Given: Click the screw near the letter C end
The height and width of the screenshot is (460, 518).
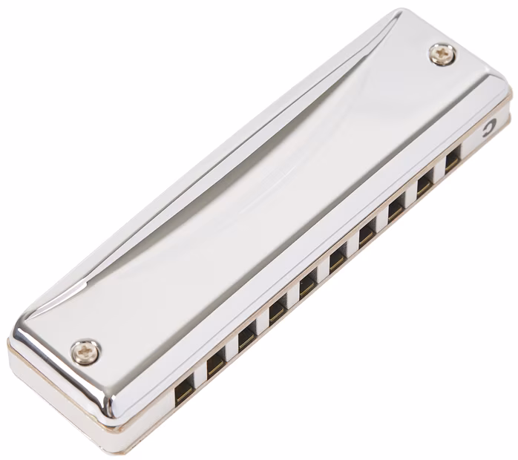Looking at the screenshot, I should click(x=443, y=53).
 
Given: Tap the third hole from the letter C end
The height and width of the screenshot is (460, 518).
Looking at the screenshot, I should click(x=396, y=208).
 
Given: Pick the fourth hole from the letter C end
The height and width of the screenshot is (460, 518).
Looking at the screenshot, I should click(x=367, y=234).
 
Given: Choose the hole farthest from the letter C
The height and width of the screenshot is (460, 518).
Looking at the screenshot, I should click(x=183, y=388).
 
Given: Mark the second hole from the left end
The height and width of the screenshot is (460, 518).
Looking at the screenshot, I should click(x=216, y=361).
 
